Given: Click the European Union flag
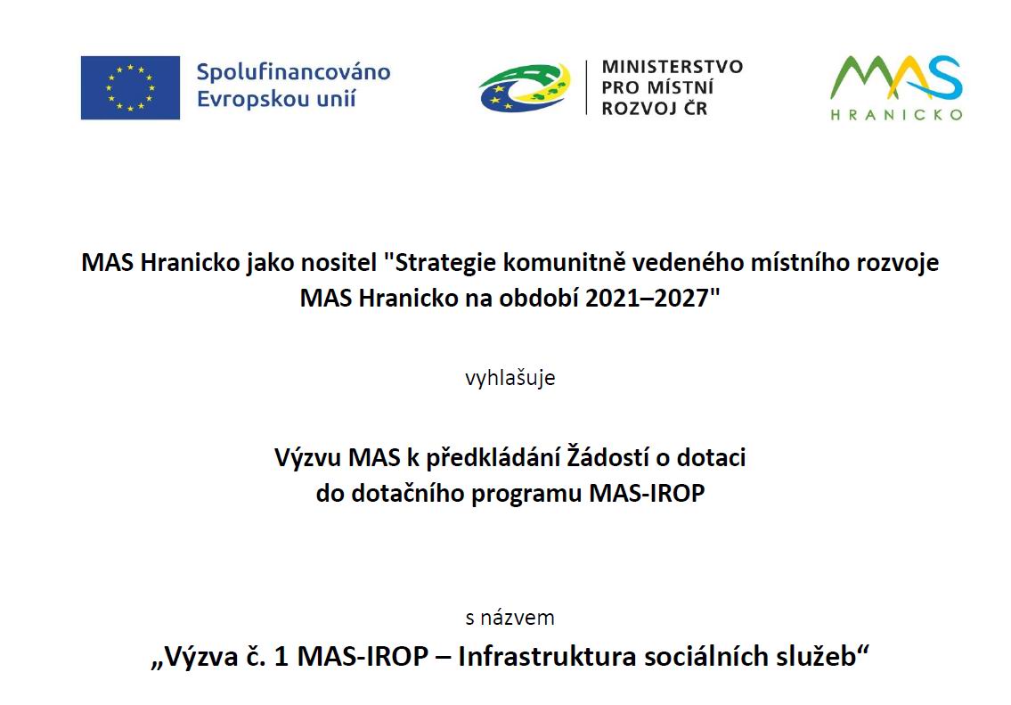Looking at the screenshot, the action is [x=130, y=87].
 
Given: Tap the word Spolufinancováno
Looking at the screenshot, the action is [x=293, y=72].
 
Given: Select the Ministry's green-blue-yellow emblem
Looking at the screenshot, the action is [x=525, y=87].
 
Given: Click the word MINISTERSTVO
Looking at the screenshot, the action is [x=673, y=67].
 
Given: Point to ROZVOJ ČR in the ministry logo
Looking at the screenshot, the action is [x=655, y=109].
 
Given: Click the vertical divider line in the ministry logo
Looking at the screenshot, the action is [x=587, y=87].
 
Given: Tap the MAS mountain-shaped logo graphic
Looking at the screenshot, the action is [x=896, y=78].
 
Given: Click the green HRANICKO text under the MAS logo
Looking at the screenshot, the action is [x=896, y=115].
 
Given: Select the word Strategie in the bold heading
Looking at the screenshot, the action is [x=444, y=263].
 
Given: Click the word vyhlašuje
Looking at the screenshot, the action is [x=510, y=377].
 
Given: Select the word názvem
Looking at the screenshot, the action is [x=518, y=618].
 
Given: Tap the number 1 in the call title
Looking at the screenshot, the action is [x=281, y=657].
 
